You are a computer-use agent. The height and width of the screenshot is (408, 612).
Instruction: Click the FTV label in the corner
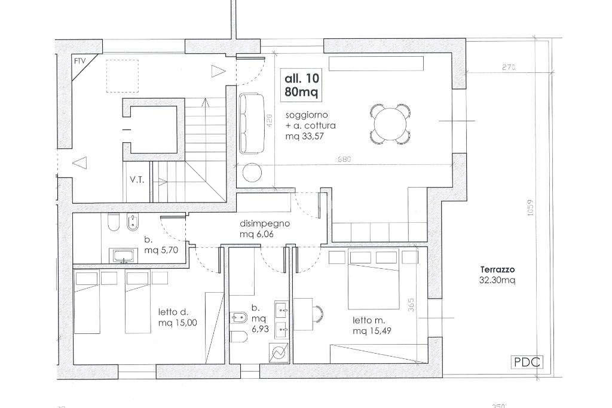tap(79, 62)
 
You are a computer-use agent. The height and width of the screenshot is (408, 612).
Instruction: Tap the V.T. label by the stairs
tap(137, 180)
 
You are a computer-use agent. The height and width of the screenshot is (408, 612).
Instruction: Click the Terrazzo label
tap(498, 269)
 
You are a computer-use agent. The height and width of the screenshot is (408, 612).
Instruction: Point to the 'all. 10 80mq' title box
tap(302, 85)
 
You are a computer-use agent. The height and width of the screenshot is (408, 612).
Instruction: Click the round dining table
tap(390, 124)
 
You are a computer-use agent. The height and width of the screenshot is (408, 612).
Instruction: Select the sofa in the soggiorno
tap(252, 123)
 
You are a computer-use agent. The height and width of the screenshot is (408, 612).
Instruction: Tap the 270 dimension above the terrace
tap(509, 67)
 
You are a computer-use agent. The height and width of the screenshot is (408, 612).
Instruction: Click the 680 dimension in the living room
tap(344, 159)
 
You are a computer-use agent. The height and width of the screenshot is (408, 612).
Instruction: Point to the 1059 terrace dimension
tap(530, 208)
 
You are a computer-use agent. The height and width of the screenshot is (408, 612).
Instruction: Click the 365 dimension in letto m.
tap(410, 305)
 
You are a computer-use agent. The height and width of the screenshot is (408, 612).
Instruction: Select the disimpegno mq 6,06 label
tap(265, 229)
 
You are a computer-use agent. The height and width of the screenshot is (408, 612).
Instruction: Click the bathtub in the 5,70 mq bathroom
tap(124, 256)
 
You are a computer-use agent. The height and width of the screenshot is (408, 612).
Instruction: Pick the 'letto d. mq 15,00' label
tap(178, 318)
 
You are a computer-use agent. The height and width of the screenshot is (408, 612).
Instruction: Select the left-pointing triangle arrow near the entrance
tap(80, 163)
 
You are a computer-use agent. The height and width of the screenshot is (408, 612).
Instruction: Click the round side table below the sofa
tap(252, 173)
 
